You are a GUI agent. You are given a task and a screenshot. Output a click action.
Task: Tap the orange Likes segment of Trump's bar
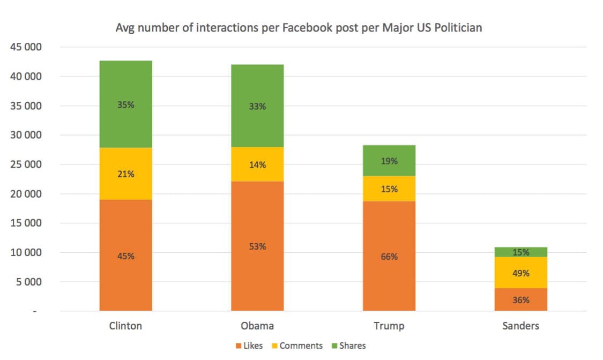[x=389, y=236]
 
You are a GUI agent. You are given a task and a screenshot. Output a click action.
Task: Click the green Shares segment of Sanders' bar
[x=520, y=252]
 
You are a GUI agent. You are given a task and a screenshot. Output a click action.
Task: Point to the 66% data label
[x=389, y=257]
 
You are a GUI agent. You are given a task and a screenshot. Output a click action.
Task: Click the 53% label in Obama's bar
[x=257, y=246]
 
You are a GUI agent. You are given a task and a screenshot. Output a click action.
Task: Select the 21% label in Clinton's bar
[x=126, y=174]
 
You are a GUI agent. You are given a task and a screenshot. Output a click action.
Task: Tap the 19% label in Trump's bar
[x=389, y=161]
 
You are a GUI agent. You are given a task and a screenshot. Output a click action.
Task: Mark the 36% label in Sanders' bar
[x=520, y=300]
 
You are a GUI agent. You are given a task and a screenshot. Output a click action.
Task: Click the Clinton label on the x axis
[x=126, y=326]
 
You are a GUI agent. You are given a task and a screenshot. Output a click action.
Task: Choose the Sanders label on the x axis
[x=520, y=326]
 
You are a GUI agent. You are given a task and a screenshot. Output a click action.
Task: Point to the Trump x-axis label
[x=389, y=326]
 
